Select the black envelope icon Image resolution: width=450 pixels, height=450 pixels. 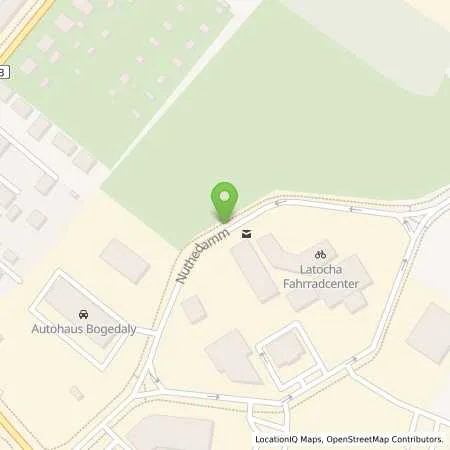pyautogui.click(x=247, y=236)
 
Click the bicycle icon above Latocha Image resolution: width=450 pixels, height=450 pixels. pyautogui.click(x=321, y=254)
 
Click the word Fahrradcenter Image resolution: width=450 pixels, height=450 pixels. pyautogui.click(x=322, y=285)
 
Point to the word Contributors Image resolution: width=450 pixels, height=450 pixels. pyautogui.click(x=417, y=439)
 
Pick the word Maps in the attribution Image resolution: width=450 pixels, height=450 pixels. pyautogui.click(x=313, y=439)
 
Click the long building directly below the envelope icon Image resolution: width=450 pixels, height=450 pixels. pyautogui.click(x=253, y=270)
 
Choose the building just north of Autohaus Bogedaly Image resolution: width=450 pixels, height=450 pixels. pyautogui.click(x=125, y=260)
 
